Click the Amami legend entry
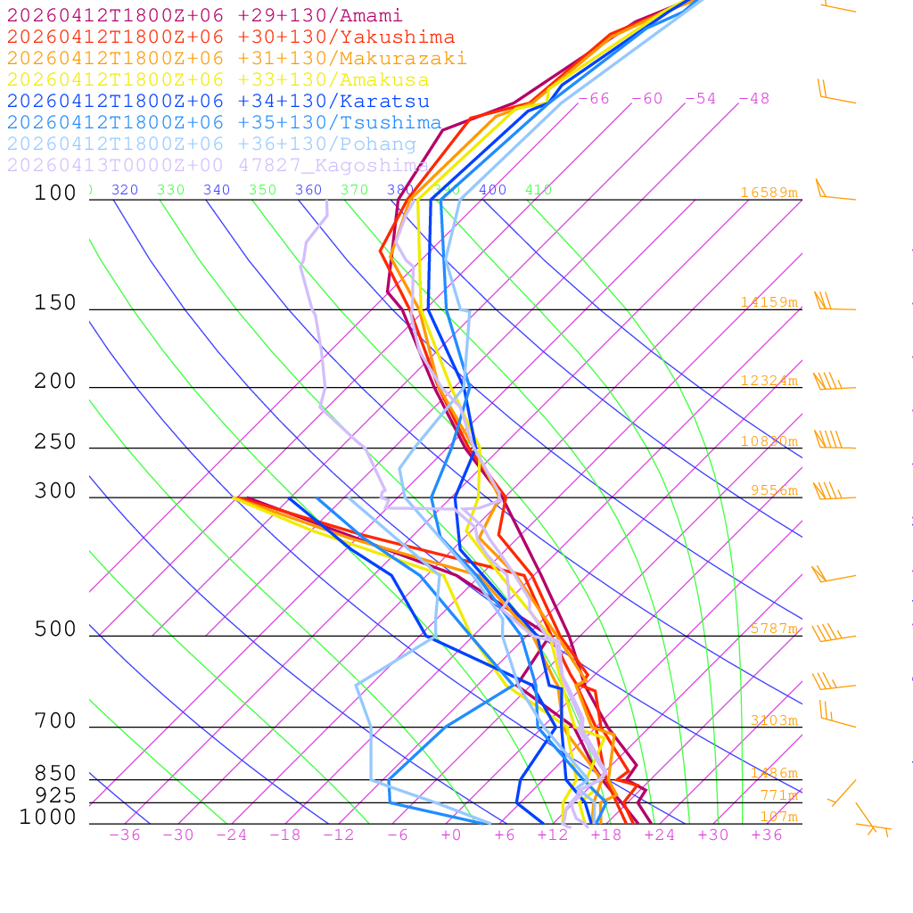click(x=204, y=16)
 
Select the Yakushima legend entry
click(x=230, y=37)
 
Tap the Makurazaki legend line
click(x=236, y=59)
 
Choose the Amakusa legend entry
click(x=218, y=80)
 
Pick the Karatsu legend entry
click(x=218, y=102)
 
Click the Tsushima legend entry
click(x=224, y=123)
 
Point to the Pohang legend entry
click(x=211, y=144)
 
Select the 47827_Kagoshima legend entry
click(x=218, y=166)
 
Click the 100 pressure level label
click(x=55, y=193)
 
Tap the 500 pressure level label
click(x=55, y=629)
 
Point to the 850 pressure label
click(x=55, y=774)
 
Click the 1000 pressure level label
click(x=48, y=817)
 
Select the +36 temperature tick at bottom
click(x=767, y=835)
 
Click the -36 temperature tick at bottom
click(x=125, y=835)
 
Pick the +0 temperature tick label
click(x=450, y=835)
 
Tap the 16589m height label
click(x=769, y=193)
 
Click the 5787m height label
click(x=773, y=629)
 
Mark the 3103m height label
click(x=773, y=720)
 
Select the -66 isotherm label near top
click(x=594, y=98)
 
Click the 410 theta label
click(x=539, y=190)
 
